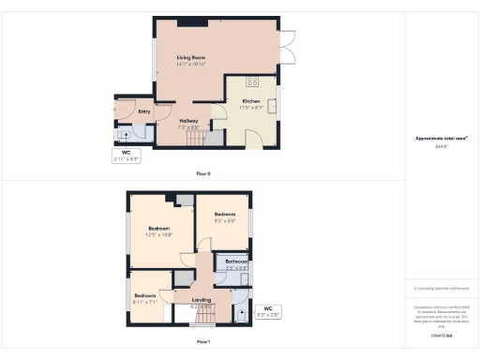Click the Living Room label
tap(190, 58)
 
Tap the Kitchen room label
tap(250, 100)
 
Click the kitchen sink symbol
tap(273, 105)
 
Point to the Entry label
tap(144, 112)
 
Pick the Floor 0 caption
tap(202, 172)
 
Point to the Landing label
tap(201, 301)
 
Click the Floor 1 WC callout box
tap(267, 310)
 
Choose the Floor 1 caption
tap(202, 341)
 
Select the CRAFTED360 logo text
tap(442, 335)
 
